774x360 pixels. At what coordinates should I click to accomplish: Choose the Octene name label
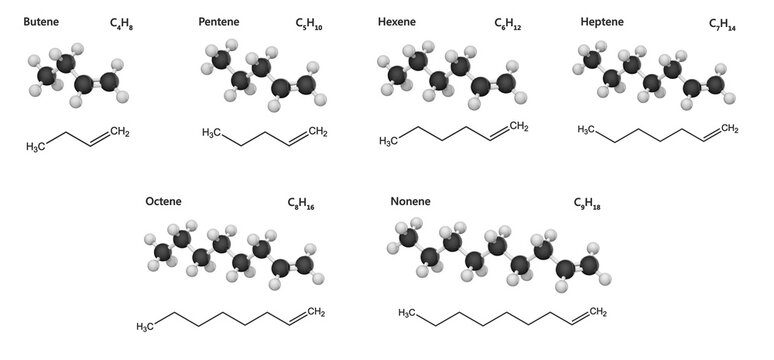(x=163, y=202)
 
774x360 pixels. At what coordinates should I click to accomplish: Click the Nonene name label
(x=411, y=202)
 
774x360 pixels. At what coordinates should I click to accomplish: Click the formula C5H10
(x=311, y=22)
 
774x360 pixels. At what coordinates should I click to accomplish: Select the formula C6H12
(x=508, y=22)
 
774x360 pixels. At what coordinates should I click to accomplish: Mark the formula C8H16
(x=301, y=204)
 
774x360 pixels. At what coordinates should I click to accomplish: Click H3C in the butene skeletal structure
(x=35, y=148)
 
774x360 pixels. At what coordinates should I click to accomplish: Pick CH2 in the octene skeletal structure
(x=315, y=314)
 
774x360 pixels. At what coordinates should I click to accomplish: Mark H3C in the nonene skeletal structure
(x=407, y=313)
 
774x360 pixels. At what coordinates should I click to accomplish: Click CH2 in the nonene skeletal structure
(x=598, y=313)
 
